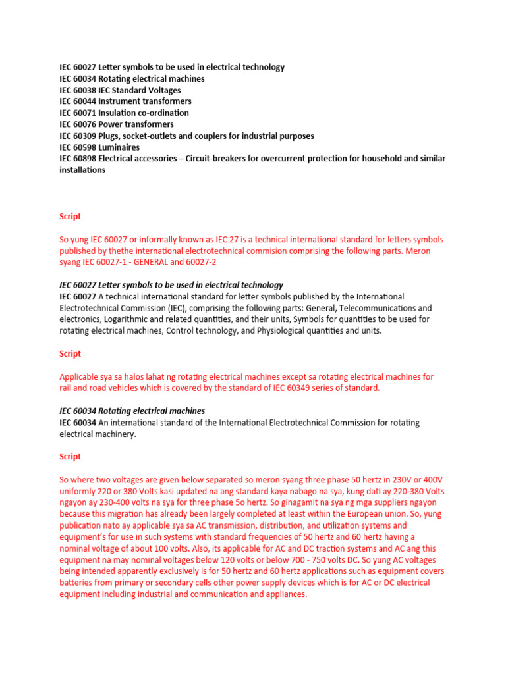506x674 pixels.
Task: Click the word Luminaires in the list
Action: (119, 147)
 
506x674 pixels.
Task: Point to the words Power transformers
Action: (136, 124)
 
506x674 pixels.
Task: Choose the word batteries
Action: (78, 583)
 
